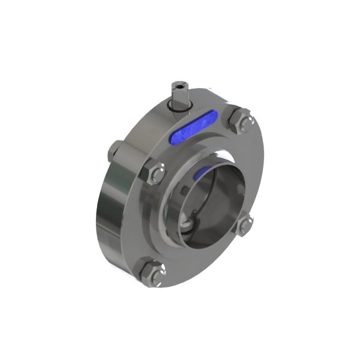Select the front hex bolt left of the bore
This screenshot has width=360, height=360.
(x=154, y=175)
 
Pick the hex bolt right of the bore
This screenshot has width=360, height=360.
(x=246, y=226)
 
